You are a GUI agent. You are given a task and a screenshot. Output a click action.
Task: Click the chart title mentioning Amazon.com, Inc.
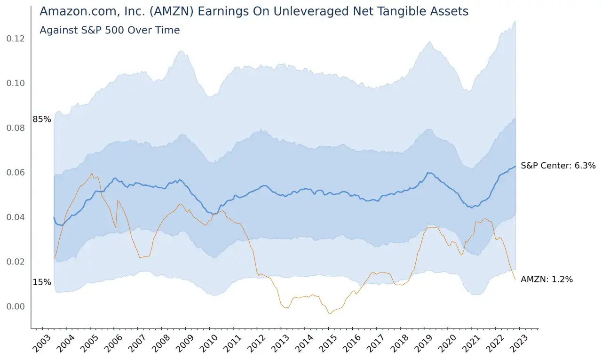(x=254, y=11)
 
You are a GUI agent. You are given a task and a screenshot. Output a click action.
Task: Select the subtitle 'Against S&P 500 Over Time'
(x=110, y=30)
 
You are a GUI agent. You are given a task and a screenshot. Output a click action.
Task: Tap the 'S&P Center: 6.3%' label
(x=558, y=166)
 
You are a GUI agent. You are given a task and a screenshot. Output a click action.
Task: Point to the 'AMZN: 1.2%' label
(x=547, y=280)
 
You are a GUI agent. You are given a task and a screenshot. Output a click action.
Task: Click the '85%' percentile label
(x=42, y=119)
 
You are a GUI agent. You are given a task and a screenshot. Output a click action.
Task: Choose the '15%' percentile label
(x=42, y=282)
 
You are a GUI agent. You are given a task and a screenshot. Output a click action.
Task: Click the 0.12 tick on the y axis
(x=16, y=39)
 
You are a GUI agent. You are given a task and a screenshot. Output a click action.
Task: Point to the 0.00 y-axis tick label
(x=16, y=306)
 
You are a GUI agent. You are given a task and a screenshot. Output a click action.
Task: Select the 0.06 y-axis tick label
(x=16, y=173)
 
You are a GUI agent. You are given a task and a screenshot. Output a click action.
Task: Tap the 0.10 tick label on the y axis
(x=16, y=83)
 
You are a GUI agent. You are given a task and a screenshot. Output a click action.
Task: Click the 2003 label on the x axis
(x=41, y=344)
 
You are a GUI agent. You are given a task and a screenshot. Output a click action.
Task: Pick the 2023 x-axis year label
(x=518, y=344)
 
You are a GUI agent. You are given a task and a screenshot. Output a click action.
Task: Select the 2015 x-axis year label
(x=328, y=344)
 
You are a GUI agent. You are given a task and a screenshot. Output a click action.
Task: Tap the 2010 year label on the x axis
(x=208, y=344)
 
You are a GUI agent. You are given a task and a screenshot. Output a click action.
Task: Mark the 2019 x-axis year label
(x=423, y=344)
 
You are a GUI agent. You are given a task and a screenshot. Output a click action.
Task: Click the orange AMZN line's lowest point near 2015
(x=330, y=313)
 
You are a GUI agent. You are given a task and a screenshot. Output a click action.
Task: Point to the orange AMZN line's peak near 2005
(x=92, y=173)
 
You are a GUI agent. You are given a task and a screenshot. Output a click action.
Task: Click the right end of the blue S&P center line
(x=515, y=167)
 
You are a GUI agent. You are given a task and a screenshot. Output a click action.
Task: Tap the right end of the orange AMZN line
(x=515, y=280)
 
